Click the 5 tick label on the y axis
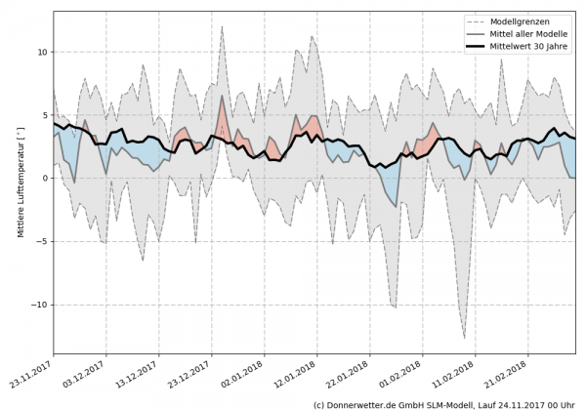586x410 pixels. click(x=44, y=115)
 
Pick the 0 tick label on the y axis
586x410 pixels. click(x=44, y=179)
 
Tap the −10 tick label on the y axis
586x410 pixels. click(x=39, y=305)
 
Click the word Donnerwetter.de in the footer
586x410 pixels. click(x=364, y=403)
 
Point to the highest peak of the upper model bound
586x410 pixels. click(x=223, y=27)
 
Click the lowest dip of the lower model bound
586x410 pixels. click(x=465, y=338)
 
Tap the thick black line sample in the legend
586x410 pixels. click(x=480, y=45)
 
